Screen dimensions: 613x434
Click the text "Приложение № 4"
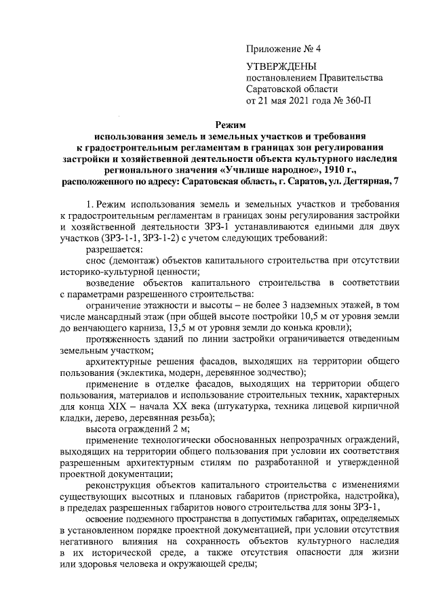coord(281,49)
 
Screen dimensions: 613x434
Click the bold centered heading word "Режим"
coord(231,125)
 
